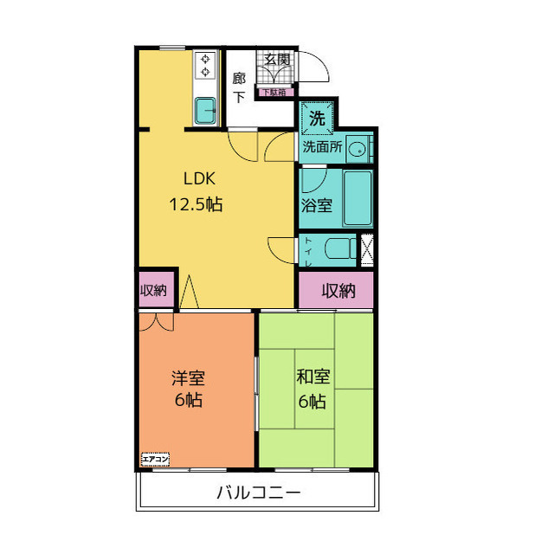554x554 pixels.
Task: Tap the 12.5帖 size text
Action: (197, 205)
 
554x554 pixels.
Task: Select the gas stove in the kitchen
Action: (206, 66)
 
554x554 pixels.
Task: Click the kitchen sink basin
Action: (206, 111)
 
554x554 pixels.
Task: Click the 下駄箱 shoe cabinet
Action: (277, 90)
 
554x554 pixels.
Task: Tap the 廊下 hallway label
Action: (239, 87)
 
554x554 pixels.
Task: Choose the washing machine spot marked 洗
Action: (317, 119)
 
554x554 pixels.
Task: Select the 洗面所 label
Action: (321, 148)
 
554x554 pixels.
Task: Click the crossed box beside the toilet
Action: (367, 248)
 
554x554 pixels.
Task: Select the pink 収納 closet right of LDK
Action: (338, 291)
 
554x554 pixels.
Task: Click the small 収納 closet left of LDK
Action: (154, 291)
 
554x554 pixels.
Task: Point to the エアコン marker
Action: (155, 460)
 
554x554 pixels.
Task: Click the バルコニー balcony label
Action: (258, 493)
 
